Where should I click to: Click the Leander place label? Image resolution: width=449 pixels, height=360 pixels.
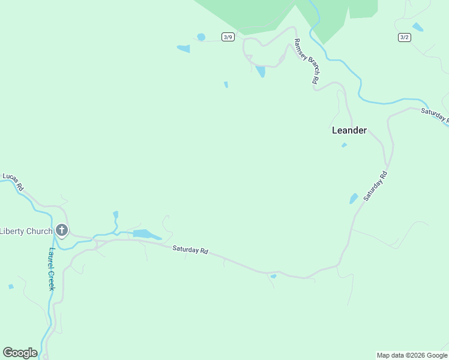pyautogui.click(x=349, y=130)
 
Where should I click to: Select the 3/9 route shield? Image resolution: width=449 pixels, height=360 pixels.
pyautogui.click(x=228, y=37)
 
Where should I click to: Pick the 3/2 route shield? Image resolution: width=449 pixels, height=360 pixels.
pyautogui.click(x=404, y=37)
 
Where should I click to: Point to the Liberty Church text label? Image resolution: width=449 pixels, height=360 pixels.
pyautogui.click(x=26, y=231)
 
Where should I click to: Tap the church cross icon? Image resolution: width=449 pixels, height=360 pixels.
pyautogui.click(x=61, y=230)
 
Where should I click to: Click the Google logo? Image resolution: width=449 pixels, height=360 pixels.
pyautogui.click(x=20, y=353)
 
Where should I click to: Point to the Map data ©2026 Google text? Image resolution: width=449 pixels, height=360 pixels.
pyautogui.click(x=412, y=355)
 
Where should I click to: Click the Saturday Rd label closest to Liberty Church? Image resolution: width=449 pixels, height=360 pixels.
pyautogui.click(x=190, y=250)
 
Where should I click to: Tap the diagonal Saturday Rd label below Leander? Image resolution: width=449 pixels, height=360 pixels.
pyautogui.click(x=376, y=186)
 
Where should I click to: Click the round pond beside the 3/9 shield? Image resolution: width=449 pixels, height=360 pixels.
pyautogui.click(x=201, y=37)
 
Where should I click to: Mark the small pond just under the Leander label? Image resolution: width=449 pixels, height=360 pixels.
pyautogui.click(x=344, y=145)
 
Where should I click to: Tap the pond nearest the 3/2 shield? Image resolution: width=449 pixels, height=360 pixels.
pyautogui.click(x=418, y=27)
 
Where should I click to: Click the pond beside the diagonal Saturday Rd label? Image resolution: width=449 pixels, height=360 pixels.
pyautogui.click(x=354, y=198)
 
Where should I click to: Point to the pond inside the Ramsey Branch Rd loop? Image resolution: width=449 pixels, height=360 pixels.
pyautogui.click(x=260, y=71)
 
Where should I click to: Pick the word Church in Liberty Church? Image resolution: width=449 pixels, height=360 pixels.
pyautogui.click(x=40, y=231)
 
